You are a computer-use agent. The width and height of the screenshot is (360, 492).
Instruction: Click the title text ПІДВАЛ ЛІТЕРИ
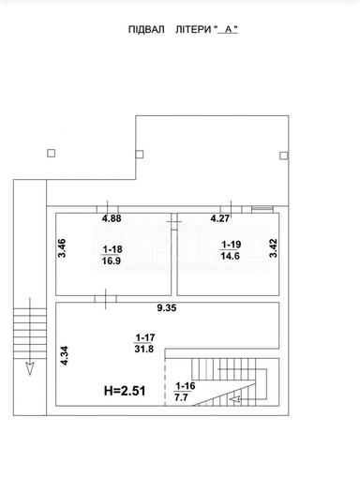169,30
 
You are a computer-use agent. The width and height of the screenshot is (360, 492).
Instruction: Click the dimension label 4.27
219,219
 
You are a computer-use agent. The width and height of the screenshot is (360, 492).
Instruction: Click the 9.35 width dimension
166,308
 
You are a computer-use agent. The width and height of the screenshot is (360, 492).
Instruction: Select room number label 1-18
112,249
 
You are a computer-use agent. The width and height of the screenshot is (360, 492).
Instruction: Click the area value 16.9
112,261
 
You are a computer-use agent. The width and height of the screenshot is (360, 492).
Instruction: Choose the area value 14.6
231,255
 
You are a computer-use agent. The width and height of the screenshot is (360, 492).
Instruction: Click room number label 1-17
144,337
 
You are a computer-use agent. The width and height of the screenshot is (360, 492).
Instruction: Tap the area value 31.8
144,350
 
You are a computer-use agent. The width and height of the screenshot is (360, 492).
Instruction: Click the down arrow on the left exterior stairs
30,365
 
